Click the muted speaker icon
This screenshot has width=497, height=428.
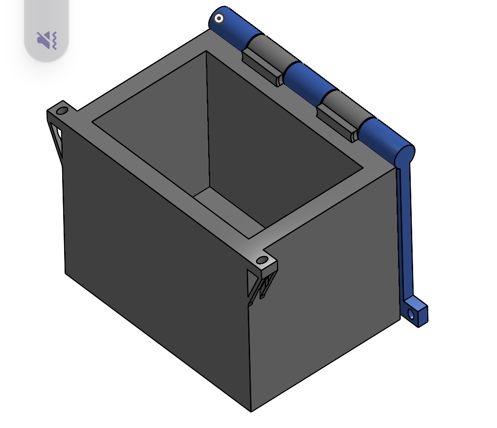pos(47,40)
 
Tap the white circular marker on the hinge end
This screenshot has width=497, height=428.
pos(219,19)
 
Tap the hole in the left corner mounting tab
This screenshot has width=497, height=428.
pos(62,112)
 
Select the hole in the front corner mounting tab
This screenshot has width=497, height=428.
pos(261,261)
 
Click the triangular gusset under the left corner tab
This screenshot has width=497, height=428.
pos(57,137)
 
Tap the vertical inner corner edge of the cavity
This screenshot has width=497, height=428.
pos(207,118)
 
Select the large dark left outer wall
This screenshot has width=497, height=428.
pos(155,264)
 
